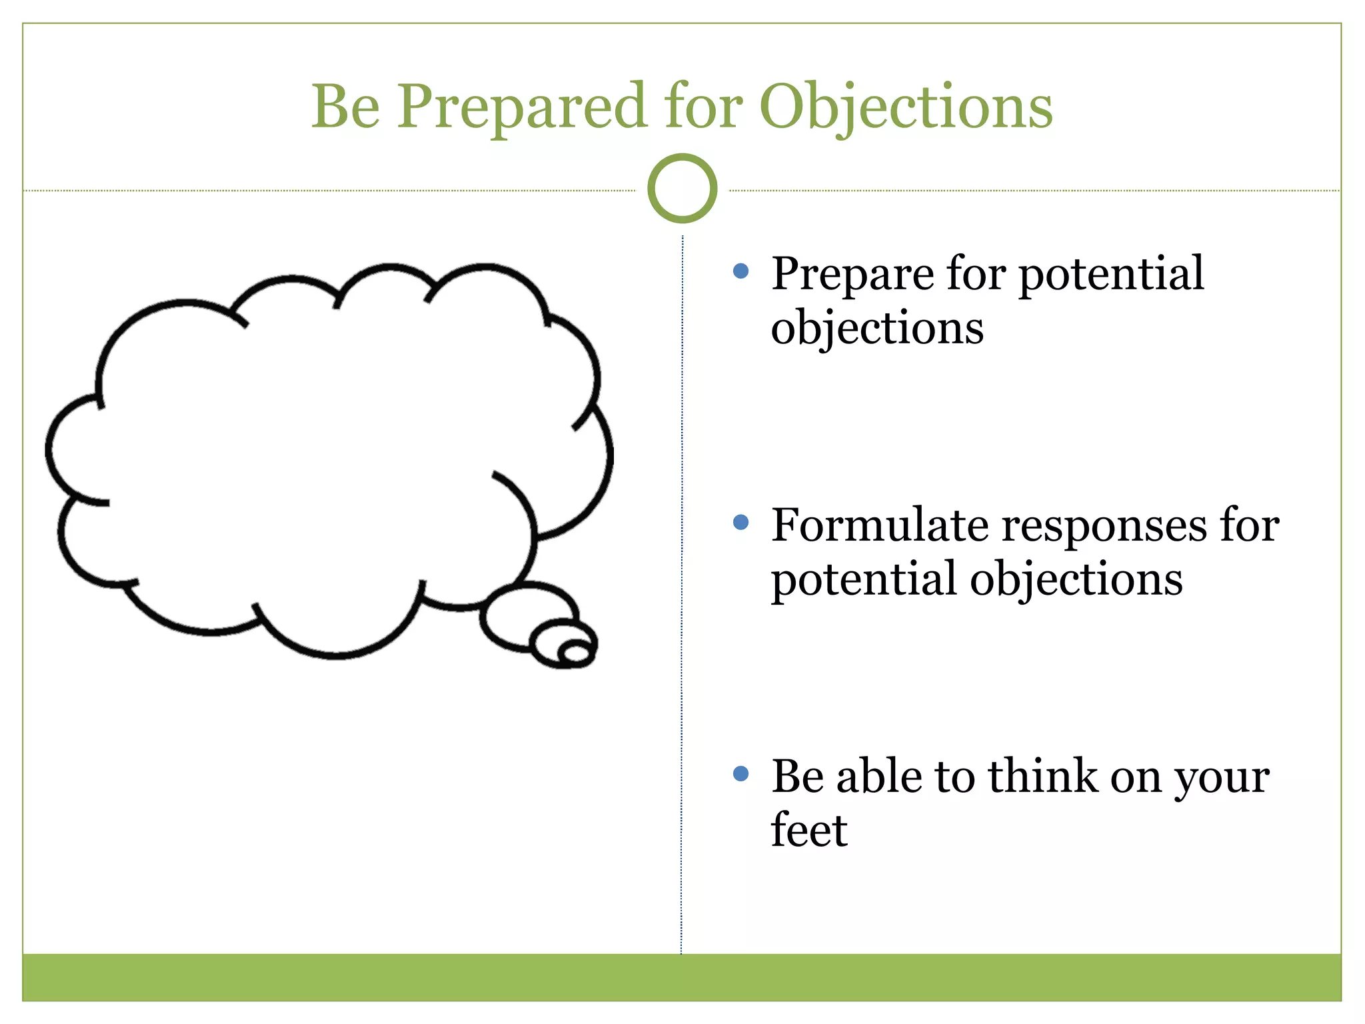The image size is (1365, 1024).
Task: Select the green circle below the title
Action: click(x=682, y=189)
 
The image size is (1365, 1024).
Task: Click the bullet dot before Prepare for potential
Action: click(x=740, y=271)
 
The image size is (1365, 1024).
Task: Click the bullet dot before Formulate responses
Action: click(x=740, y=522)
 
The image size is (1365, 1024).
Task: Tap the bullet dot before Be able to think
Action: click(x=740, y=773)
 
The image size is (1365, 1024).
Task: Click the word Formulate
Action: click(x=878, y=525)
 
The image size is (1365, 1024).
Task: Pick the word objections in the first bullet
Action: click(x=876, y=329)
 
